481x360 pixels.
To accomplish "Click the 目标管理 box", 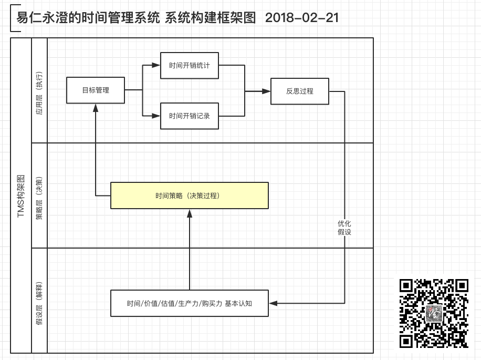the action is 96,90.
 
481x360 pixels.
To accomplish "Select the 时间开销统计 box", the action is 189,65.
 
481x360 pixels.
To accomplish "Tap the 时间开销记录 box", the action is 189,116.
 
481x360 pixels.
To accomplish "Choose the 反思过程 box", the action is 300,91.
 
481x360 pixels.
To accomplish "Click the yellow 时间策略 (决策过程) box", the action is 189,196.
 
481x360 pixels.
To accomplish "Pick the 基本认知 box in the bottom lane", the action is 189,303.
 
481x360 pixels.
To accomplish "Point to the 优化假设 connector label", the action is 344,228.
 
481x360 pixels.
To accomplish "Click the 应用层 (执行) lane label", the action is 39,93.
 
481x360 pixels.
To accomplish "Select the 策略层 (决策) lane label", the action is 39,198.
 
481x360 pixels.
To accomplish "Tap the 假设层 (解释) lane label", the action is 39,303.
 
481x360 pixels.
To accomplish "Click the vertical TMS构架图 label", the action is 21,196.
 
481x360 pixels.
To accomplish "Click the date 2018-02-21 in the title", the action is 302,17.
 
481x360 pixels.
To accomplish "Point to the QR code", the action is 434,313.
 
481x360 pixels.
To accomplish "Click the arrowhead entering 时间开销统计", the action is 156,65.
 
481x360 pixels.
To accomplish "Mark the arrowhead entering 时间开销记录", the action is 156,116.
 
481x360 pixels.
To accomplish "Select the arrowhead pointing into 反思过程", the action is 266,91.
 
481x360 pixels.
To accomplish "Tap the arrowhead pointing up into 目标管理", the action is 96,108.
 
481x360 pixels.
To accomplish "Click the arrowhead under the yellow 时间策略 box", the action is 190,213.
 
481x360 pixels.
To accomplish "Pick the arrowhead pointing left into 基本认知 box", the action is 273,303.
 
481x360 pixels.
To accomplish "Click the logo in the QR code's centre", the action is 434,313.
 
